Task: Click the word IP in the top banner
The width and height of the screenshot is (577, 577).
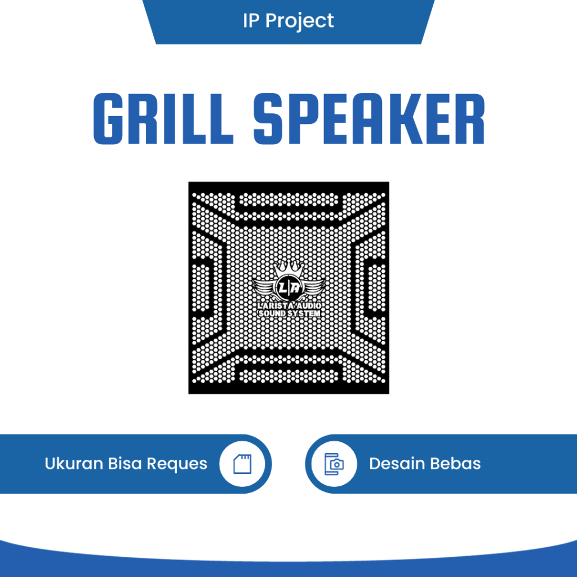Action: (x=251, y=21)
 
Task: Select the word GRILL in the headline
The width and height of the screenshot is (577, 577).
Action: (x=163, y=119)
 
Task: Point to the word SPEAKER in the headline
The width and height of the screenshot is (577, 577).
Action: (x=369, y=119)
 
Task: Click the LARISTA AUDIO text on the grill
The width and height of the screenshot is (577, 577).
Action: (x=288, y=305)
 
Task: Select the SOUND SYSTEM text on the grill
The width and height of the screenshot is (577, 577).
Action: (x=288, y=313)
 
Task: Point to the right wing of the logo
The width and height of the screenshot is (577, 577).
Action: (x=312, y=288)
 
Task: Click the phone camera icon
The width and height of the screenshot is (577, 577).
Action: (x=334, y=464)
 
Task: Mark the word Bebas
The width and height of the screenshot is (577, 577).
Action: (x=455, y=464)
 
